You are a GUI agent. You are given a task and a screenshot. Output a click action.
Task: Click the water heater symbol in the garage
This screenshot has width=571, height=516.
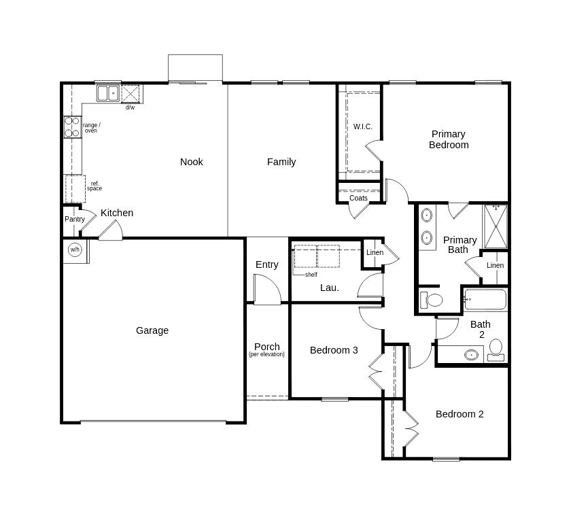(x=75, y=250)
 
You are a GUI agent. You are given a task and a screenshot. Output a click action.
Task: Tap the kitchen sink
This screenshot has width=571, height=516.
(x=107, y=93)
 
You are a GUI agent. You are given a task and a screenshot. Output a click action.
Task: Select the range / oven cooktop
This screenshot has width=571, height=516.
(x=72, y=127)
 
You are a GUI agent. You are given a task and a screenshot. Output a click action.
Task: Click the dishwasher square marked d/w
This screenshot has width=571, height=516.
(x=130, y=94)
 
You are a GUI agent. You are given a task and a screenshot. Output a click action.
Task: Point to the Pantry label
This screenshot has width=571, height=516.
(x=75, y=219)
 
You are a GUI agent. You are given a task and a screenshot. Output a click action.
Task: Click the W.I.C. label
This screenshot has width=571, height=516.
(x=362, y=126)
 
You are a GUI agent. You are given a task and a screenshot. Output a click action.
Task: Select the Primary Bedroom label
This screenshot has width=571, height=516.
(x=449, y=139)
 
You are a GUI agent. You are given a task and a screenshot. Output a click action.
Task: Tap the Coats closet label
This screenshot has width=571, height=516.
(x=358, y=199)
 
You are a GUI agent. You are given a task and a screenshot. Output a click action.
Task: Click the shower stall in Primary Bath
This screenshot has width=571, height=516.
(x=495, y=226)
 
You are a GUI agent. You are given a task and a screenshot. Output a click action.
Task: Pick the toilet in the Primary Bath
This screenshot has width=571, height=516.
(x=431, y=300)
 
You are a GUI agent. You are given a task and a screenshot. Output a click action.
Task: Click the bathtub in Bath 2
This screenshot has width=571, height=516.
(x=485, y=300)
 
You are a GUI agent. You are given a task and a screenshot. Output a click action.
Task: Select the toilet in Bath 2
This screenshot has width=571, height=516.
(x=496, y=349)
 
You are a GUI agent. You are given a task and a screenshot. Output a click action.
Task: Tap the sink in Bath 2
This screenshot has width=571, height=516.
(x=471, y=354)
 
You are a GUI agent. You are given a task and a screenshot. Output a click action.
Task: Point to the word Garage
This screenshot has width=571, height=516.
(x=152, y=330)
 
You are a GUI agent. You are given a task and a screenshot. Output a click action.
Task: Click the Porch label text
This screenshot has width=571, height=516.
(x=266, y=347)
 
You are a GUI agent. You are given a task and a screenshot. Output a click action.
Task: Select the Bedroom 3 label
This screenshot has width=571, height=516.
(x=334, y=350)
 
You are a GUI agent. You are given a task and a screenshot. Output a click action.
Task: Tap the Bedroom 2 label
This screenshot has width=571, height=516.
(x=460, y=414)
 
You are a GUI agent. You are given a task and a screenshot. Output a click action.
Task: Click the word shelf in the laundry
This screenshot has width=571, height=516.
(x=311, y=275)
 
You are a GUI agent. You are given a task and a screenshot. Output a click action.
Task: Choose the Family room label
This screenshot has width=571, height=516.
(x=281, y=162)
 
